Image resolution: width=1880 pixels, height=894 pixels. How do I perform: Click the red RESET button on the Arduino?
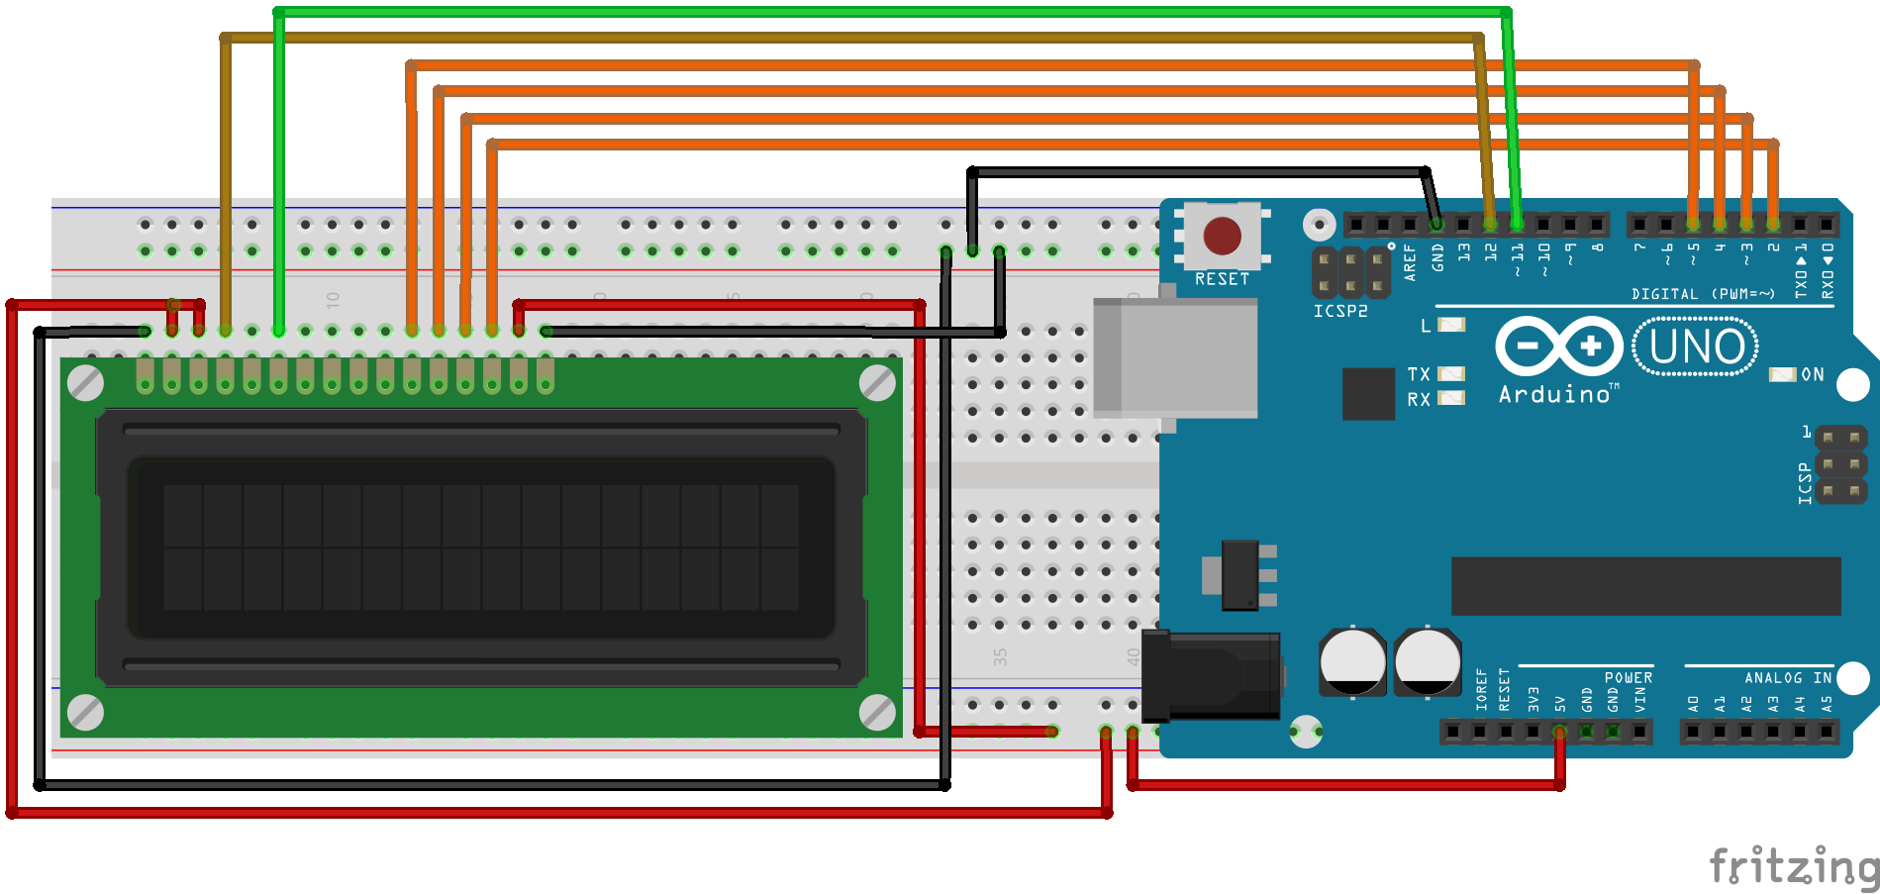[x=1222, y=236]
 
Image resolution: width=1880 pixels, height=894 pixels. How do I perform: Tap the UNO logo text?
[x=1696, y=348]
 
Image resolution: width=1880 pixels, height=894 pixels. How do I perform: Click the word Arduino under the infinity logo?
[x=1554, y=394]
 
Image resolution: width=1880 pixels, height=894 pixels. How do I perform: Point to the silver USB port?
[x=1174, y=357]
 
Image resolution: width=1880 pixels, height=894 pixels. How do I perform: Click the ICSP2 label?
[x=1340, y=311]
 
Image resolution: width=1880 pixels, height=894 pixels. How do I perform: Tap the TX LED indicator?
[x=1450, y=373]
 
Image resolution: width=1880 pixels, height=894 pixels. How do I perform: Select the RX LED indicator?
[x=1450, y=398]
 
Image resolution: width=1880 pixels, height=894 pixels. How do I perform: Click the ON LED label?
[x=1812, y=374]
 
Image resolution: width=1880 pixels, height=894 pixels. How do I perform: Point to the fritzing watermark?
[x=1793, y=866]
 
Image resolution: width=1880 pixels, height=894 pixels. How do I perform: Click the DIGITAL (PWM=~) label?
[x=1703, y=294]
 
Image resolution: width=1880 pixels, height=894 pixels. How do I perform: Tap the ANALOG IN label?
[x=1787, y=678]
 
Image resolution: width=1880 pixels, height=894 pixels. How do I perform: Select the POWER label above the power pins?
[x=1628, y=678]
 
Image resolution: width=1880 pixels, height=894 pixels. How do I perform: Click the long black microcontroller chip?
[x=1645, y=585]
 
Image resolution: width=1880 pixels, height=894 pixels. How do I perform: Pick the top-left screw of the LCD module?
[x=86, y=383]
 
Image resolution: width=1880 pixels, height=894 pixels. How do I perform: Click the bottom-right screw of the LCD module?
[x=877, y=711]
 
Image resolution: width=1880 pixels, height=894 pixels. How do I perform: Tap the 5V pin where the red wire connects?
[x=1559, y=732]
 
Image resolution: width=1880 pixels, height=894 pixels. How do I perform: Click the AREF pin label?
[x=1410, y=262]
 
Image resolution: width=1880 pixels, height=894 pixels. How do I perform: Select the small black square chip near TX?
[x=1368, y=393]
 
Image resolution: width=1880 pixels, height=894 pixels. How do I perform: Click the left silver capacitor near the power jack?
[x=1352, y=661]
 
